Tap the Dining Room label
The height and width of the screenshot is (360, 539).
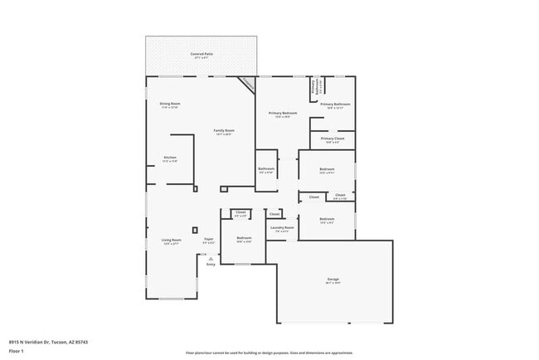coord(169,104)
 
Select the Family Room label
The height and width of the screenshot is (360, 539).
coord(224,130)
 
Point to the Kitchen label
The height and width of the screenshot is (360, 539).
coord(170,158)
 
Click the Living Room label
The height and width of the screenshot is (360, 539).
coord(172,241)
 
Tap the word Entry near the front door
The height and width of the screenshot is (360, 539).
coord(211,264)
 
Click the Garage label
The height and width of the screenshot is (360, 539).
coord(333,280)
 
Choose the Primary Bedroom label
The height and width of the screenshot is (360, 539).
coord(283,113)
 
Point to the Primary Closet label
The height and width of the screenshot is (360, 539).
coord(333,139)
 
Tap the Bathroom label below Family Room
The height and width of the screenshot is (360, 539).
coord(266,169)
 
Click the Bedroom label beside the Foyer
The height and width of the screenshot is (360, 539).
coord(244,238)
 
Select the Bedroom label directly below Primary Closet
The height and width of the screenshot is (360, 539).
coord(327,170)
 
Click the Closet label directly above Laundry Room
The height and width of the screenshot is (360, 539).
coord(274,214)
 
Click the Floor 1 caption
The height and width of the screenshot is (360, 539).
coord(17,351)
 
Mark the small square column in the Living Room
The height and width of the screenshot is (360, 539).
coord(195,230)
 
